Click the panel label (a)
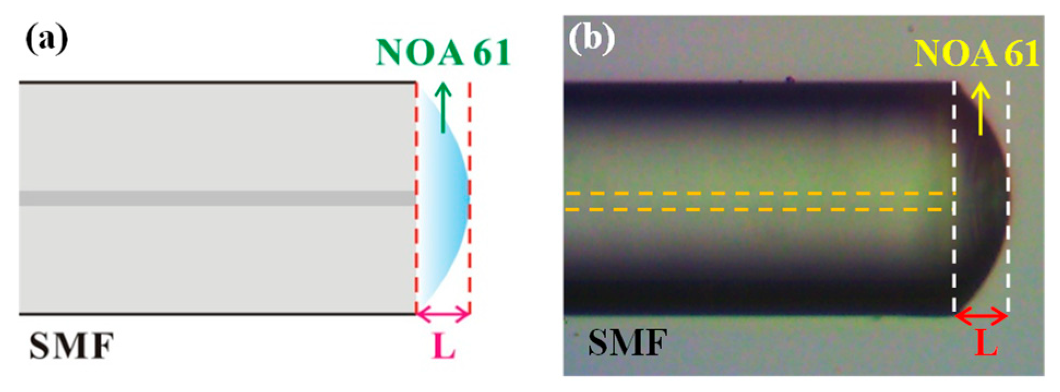pyautogui.click(x=47, y=39)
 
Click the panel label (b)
pyautogui.click(x=591, y=39)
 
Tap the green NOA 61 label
pyautogui.click(x=443, y=53)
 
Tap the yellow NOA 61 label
pyautogui.click(x=976, y=53)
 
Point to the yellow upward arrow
pyautogui.click(x=980, y=108)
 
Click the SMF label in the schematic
pyautogui.click(x=71, y=346)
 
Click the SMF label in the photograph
pyautogui.click(x=627, y=343)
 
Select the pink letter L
pyautogui.click(x=444, y=346)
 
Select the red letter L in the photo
pyautogui.click(x=985, y=343)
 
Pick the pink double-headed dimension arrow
pyautogui.click(x=443, y=314)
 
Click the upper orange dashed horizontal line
pyautogui.click(x=758, y=193)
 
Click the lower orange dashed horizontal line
pyautogui.click(x=758, y=209)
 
